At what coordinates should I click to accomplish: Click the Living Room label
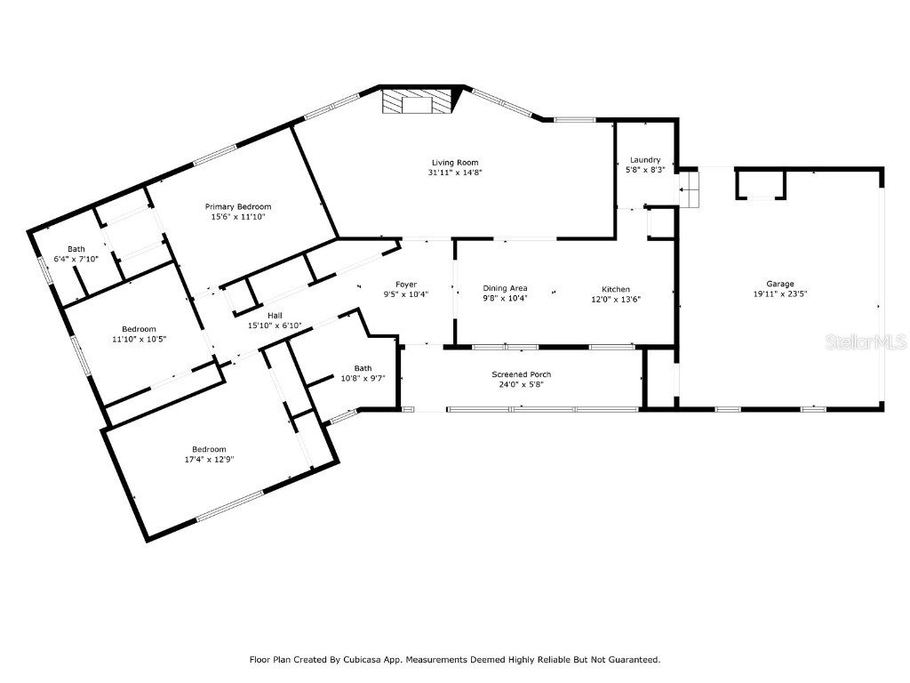[x=455, y=163]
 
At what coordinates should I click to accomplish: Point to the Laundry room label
[x=645, y=160]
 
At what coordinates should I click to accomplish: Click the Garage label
[x=781, y=284]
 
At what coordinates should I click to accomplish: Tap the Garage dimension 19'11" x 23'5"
[x=781, y=294]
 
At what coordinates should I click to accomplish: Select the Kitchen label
[x=616, y=289]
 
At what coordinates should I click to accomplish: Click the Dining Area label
[x=506, y=288]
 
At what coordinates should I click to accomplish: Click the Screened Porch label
[x=522, y=374]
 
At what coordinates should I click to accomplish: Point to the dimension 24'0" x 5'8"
[x=522, y=385]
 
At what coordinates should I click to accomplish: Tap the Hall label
[x=275, y=315]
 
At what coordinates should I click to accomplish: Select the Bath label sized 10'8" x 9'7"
[x=363, y=368]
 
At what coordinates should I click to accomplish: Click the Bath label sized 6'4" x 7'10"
[x=76, y=249]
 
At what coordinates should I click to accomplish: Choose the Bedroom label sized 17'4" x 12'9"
[x=209, y=449]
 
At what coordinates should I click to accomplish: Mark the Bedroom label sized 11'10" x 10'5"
[x=140, y=329]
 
